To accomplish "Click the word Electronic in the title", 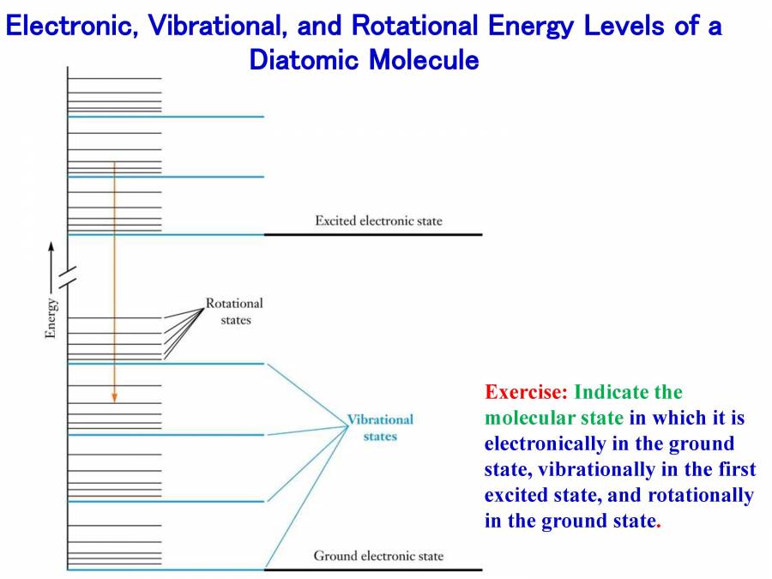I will (69, 26).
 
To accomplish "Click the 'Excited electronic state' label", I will (378, 221).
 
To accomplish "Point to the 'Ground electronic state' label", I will (378, 556).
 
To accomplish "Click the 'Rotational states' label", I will (234, 311).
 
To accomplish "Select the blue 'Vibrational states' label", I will (380, 427).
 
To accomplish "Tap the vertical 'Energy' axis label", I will (51, 317).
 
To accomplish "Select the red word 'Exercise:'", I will (526, 393).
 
